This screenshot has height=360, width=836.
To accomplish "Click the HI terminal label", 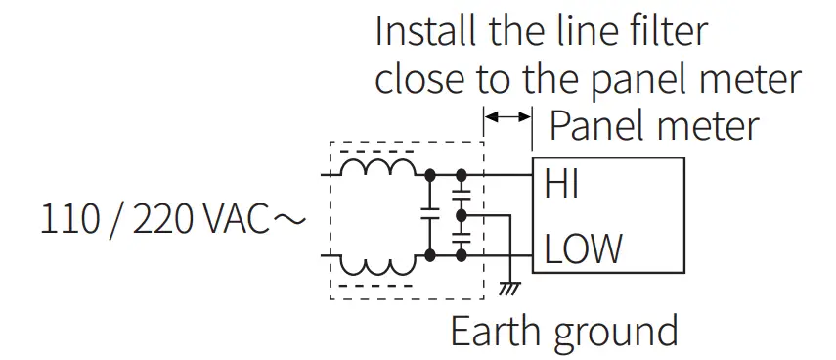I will click(x=561, y=183).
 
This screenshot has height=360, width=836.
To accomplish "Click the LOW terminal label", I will click(x=583, y=249).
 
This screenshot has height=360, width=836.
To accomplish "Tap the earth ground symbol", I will click(x=508, y=288).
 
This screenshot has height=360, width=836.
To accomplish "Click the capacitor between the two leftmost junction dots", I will click(x=429, y=216).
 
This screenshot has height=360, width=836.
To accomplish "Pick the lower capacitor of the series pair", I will click(x=462, y=238).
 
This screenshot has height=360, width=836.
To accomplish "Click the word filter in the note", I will click(x=665, y=31).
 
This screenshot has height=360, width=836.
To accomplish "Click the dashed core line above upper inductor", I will click(x=376, y=151).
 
